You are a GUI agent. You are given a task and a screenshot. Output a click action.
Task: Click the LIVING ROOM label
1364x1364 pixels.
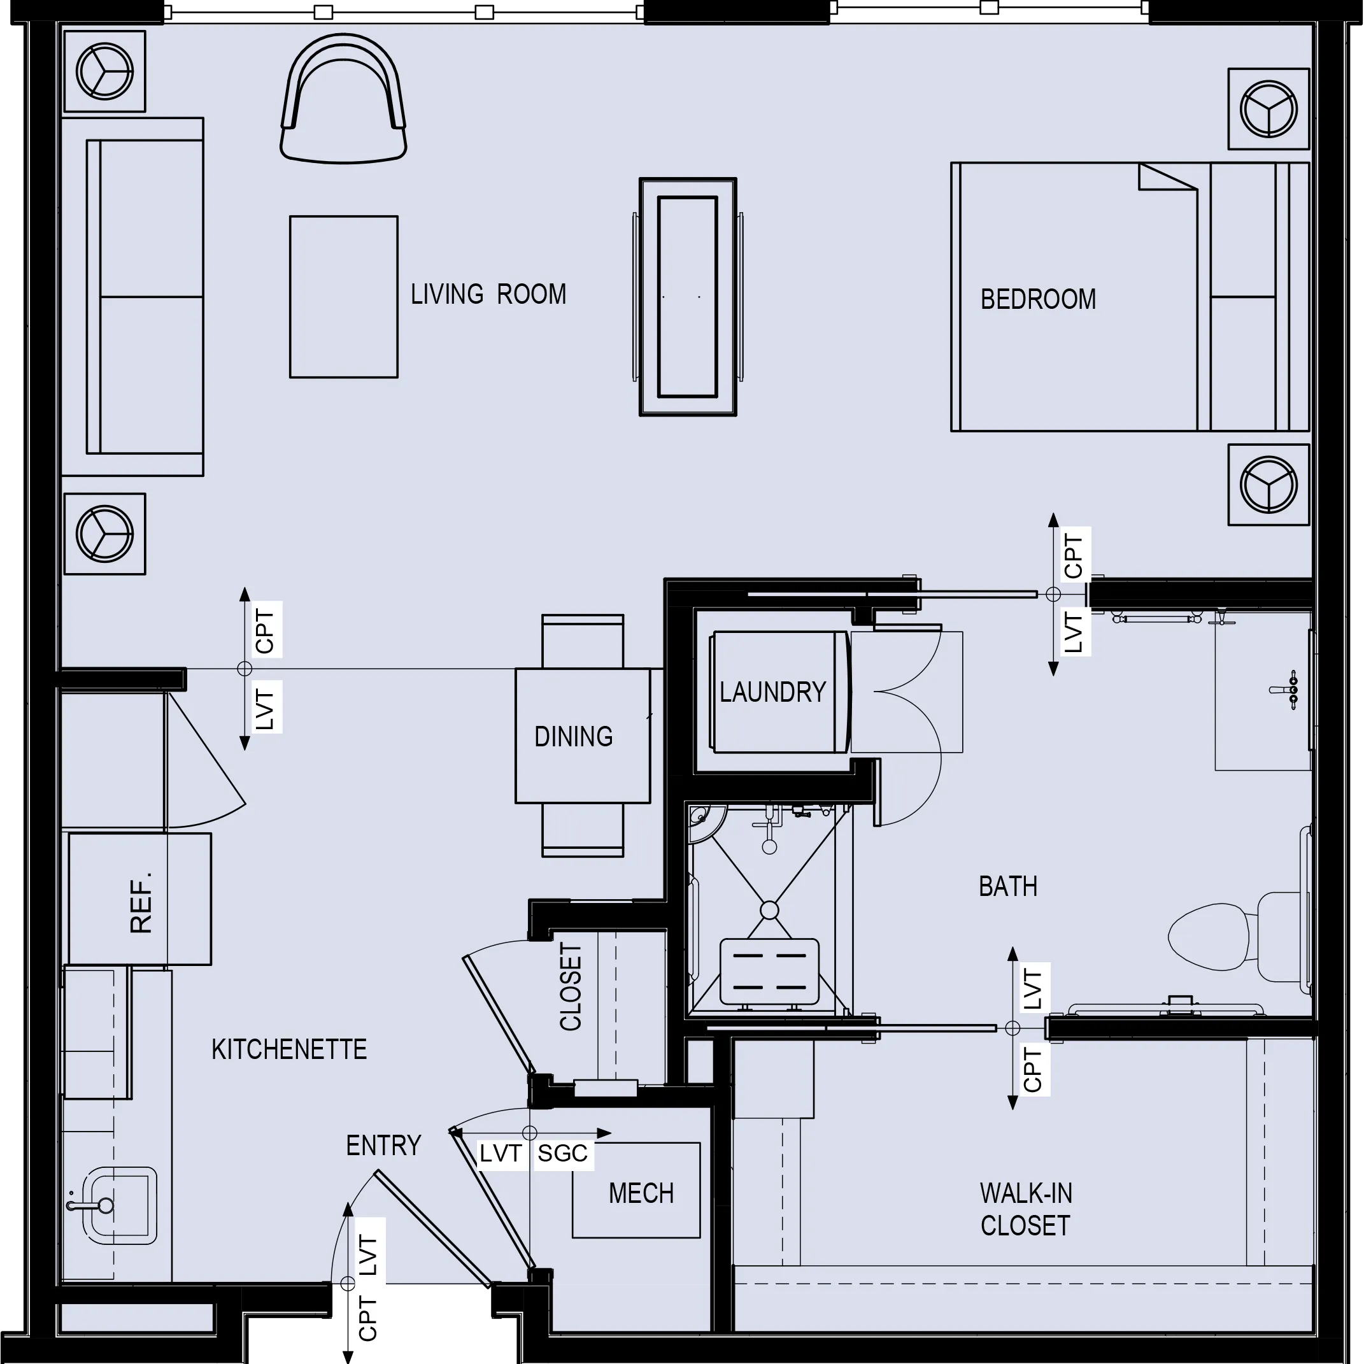(488, 294)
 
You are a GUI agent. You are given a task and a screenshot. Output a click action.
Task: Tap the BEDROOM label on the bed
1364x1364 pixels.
(1038, 299)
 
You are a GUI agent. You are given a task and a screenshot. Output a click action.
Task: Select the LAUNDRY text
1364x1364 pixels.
(772, 692)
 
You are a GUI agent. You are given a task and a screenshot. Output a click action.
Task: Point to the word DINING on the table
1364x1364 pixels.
(573, 736)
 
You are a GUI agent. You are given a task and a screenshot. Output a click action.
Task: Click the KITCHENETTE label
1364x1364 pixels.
(288, 1049)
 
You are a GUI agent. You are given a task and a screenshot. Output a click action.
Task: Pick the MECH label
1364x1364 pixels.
(641, 1193)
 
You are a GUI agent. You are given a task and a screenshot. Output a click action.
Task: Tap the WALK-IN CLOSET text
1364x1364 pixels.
(1025, 1209)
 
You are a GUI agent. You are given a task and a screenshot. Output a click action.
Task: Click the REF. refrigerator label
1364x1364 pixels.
(141, 903)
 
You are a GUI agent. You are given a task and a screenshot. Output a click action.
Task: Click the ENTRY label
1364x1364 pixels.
(383, 1145)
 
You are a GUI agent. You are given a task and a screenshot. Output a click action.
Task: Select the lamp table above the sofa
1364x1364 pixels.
(104, 71)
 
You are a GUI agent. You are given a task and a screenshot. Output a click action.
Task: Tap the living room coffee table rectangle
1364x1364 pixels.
(343, 297)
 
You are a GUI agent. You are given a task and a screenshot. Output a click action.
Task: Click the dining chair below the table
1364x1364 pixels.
(583, 830)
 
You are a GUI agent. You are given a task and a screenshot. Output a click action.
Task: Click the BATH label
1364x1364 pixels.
(1007, 886)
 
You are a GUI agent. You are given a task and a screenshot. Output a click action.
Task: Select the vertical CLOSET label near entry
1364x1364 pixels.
(571, 986)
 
